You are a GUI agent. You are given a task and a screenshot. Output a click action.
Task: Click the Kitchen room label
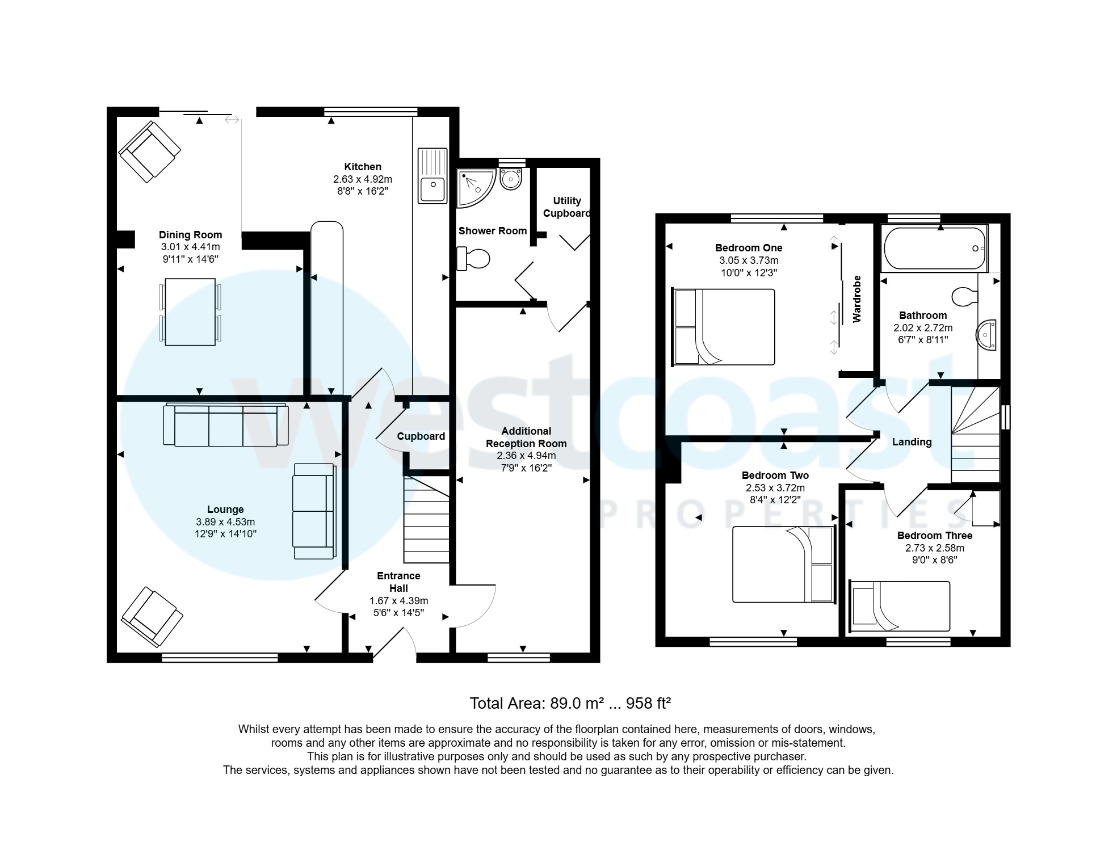tap(362, 167)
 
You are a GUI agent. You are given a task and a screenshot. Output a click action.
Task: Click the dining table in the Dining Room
tap(190, 312)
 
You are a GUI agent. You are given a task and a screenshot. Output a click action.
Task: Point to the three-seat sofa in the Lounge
tap(225, 426)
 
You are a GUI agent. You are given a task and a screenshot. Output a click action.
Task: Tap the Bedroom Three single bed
tap(899, 606)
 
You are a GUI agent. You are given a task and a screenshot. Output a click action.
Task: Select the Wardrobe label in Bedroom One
tap(857, 299)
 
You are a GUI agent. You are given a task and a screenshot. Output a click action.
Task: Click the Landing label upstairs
tap(912, 442)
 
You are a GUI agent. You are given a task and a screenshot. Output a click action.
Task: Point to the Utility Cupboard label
tap(566, 207)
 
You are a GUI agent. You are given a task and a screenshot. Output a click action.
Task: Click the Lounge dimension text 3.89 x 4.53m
tap(225, 522)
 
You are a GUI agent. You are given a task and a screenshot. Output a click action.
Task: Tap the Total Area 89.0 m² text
tap(570, 704)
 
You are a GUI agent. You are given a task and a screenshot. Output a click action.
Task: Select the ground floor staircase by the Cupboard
tap(426, 519)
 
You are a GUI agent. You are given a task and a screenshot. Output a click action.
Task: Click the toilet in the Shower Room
tap(473, 259)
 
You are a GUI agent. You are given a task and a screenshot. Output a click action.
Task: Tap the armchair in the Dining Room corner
tap(150, 151)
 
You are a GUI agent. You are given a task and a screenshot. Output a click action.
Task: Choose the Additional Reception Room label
tap(526, 437)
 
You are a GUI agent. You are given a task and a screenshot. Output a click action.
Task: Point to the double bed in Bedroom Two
tap(784, 565)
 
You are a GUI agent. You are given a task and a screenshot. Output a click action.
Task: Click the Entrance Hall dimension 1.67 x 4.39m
tap(398, 601)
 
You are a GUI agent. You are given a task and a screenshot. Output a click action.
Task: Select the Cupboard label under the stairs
tap(421, 436)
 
